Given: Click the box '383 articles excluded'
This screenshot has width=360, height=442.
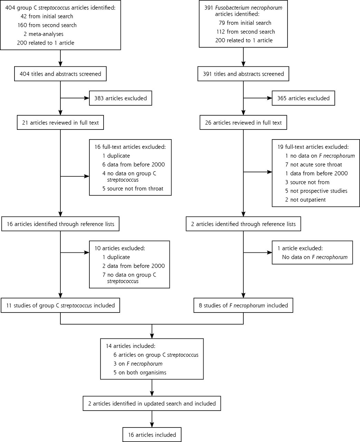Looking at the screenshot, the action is [x=120, y=98].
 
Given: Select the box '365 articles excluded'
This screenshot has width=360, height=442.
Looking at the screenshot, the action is [x=303, y=98].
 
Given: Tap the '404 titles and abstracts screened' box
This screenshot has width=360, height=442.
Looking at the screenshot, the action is [x=60, y=74].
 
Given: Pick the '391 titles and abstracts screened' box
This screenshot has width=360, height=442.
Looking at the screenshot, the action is [x=243, y=74].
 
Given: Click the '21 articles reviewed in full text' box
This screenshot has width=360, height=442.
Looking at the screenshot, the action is [x=60, y=123].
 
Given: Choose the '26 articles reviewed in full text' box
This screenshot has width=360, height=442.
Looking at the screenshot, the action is [x=243, y=123].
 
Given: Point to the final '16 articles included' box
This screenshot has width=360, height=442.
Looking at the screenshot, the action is [x=152, y=435].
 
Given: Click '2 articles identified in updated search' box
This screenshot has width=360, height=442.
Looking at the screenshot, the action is [x=152, y=403].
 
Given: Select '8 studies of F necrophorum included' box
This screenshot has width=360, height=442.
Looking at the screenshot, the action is [x=243, y=305].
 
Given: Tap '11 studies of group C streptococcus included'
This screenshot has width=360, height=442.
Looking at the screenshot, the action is [x=60, y=305].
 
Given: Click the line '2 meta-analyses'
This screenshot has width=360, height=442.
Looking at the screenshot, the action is [x=43, y=34].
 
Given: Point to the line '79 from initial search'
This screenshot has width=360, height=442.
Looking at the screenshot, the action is [x=245, y=23].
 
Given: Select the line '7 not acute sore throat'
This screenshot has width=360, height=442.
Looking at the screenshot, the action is [x=313, y=165].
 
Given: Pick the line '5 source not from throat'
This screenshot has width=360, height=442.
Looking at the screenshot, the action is [x=133, y=189].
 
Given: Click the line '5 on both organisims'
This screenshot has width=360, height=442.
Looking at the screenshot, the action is [x=140, y=373].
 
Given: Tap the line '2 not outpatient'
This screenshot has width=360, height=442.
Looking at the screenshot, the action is [x=305, y=200].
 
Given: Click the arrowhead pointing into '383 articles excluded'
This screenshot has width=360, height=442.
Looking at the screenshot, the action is [x=87, y=98].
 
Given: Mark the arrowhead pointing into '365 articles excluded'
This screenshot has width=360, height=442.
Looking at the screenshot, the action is [x=269, y=98].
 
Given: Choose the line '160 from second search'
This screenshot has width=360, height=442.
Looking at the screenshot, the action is [x=47, y=25].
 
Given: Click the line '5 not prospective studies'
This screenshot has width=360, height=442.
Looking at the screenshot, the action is [x=316, y=191].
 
